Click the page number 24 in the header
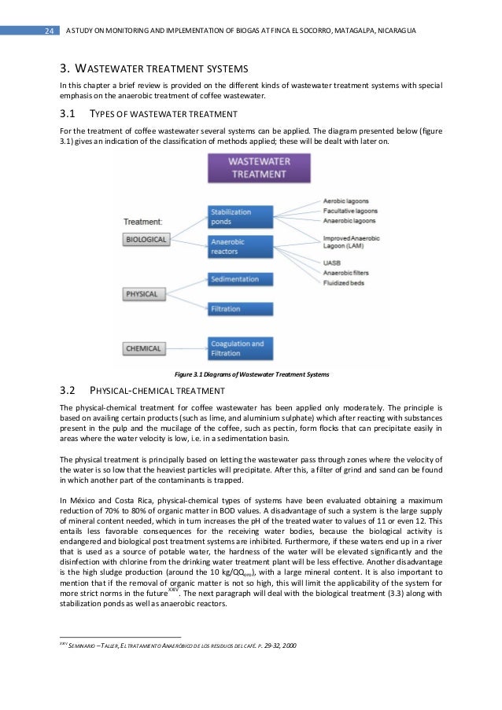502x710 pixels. pyautogui.click(x=47, y=31)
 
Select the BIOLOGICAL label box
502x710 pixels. pyautogui.click(x=147, y=239)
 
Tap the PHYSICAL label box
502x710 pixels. pyautogui.click(x=142, y=294)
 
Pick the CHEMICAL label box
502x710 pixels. pyautogui.click(x=144, y=348)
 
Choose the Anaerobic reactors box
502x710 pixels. pyautogui.click(x=240, y=247)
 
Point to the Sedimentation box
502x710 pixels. pyautogui.click(x=240, y=279)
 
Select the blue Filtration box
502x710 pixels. pyautogui.click(x=240, y=309)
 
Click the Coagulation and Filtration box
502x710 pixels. pyautogui.click(x=240, y=348)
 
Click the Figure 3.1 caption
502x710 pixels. pyautogui.click(x=250, y=373)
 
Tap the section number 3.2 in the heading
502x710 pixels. pyautogui.click(x=67, y=391)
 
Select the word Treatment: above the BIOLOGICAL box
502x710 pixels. pyautogui.click(x=147, y=222)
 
